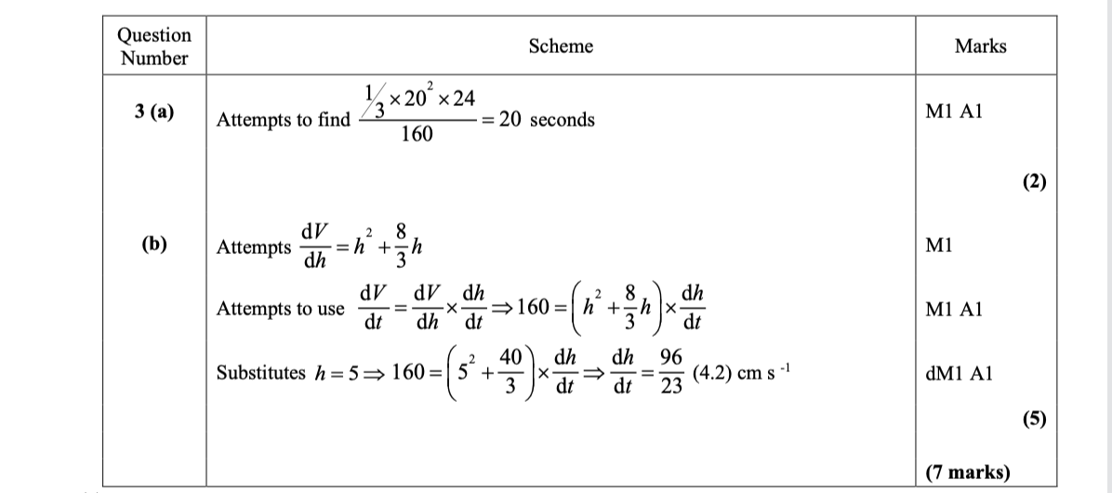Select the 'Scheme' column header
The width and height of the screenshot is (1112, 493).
(x=561, y=47)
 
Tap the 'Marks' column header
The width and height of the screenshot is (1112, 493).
(x=980, y=47)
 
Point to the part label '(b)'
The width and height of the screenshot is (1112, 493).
(x=154, y=245)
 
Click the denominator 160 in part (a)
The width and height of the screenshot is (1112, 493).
(x=417, y=135)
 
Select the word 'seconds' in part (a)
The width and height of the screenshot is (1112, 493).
(x=562, y=120)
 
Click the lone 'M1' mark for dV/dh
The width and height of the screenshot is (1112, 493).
(x=939, y=246)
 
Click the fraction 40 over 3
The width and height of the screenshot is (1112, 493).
(x=509, y=373)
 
